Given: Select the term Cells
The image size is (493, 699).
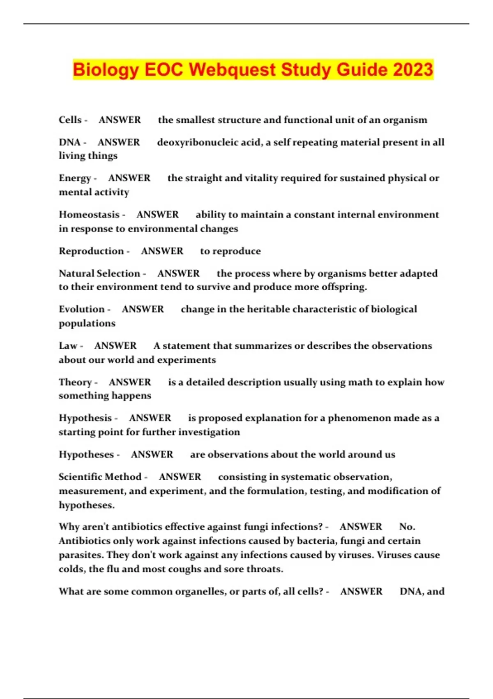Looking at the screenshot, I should pos(70,120).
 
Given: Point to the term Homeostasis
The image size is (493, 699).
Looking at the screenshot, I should pos(89,215).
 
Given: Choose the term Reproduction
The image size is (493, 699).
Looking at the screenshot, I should pos(91,251).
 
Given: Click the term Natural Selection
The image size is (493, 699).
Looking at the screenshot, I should pos(99,273).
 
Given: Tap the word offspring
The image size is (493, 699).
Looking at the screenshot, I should pos(347,287).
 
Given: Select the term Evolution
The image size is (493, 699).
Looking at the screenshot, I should pos(81,309).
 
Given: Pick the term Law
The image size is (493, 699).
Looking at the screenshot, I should pos(68,346).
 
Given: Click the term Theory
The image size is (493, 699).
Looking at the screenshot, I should pos(75,382).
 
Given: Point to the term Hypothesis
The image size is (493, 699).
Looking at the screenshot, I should pos(85,418).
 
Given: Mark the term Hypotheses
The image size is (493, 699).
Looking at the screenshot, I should pos(86,455).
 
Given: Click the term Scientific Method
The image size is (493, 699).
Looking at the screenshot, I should pos(100,477).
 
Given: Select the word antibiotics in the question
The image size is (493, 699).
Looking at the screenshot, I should pos(134,527).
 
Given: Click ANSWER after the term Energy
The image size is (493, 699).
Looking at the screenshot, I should pos(129,178).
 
